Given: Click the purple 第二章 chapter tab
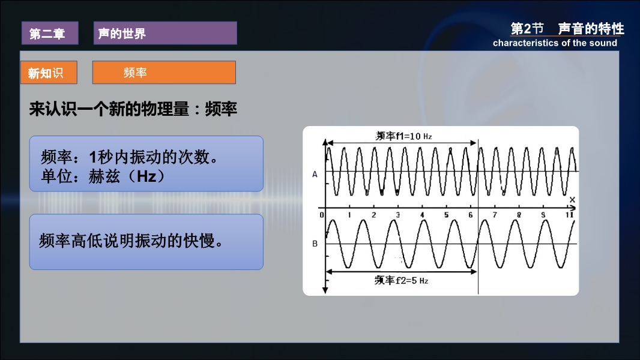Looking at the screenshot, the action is click(50, 33).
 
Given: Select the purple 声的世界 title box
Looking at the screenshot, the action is click(165, 33).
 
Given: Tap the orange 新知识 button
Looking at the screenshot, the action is click(49, 73).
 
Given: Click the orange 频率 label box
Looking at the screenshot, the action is click(164, 73).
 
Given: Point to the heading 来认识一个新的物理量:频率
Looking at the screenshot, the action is click(133, 109).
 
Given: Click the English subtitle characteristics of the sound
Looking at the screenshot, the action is click(555, 43).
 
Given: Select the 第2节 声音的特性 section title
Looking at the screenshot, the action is click(567, 29).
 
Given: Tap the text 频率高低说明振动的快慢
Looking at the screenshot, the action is click(131, 241).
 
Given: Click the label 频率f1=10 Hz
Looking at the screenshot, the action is click(403, 136).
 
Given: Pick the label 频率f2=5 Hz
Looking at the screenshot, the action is click(401, 280).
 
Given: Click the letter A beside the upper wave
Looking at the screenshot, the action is click(315, 175).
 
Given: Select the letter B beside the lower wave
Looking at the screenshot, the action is click(315, 244).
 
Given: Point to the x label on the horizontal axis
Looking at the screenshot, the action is click(572, 200).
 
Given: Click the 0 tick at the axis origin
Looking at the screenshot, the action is click(322, 215).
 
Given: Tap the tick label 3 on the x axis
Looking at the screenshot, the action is click(397, 215).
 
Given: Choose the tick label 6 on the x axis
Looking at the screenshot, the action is click(471, 215).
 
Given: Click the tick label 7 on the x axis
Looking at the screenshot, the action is click(495, 215).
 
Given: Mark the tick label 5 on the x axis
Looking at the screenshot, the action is click(446, 215).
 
